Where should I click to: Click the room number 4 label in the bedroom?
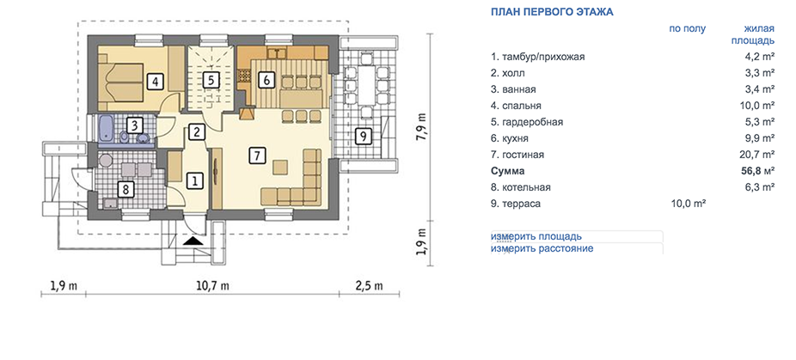pos(155,82)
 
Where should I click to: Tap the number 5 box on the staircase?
pos(211,80)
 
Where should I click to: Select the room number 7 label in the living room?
pos(257,156)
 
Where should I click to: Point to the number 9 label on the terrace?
pos(361,136)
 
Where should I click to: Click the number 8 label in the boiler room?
pos(126,190)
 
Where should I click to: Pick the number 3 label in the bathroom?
pos(133,125)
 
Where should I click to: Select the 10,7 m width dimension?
pos(212,285)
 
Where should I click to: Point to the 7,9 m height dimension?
pos(421,127)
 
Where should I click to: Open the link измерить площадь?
pos(536,236)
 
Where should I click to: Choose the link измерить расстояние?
pos(542,249)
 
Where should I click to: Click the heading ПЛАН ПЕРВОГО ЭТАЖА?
pos(552,12)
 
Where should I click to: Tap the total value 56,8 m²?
pos(757,171)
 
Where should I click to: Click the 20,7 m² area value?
pos(758,155)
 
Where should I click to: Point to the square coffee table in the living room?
pos(279,167)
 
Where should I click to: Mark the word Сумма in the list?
pos(508,171)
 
